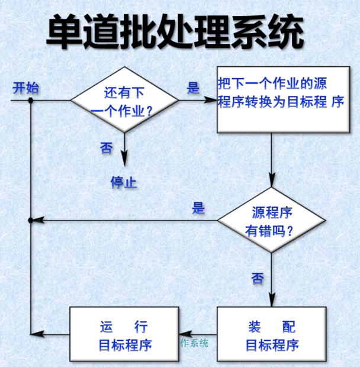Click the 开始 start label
click(26, 88)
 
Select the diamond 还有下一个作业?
click(124, 101)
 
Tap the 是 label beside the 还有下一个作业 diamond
click(194, 88)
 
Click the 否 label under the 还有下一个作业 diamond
click(107, 148)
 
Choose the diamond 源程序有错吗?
click(271, 221)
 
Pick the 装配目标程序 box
click(272, 335)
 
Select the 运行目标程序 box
click(124, 335)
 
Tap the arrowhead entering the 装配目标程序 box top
click(271, 301)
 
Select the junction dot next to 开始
click(31, 101)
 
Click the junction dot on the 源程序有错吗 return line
click(31, 221)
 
